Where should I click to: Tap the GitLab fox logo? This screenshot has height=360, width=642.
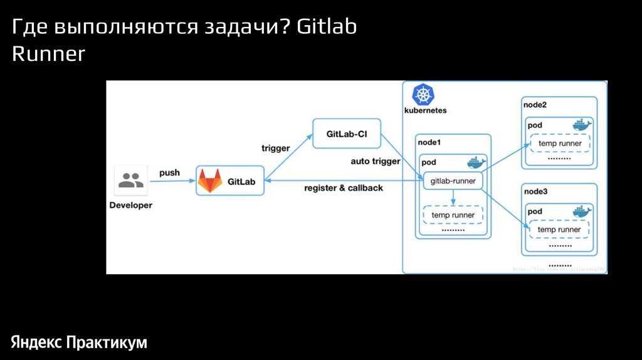click(x=209, y=181)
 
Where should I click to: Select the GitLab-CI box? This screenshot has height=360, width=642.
click(x=347, y=134)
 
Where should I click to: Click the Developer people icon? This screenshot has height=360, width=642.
click(x=130, y=181)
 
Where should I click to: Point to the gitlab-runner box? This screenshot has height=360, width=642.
click(x=453, y=182)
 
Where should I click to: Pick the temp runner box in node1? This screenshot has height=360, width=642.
click(x=453, y=215)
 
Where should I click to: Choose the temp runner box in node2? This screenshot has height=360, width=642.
click(x=560, y=144)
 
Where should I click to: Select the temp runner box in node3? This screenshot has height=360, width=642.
click(x=560, y=230)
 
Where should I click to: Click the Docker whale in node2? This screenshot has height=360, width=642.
click(x=582, y=125)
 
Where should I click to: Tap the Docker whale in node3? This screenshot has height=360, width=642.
click(x=582, y=211)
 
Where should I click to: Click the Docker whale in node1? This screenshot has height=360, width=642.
click(x=476, y=162)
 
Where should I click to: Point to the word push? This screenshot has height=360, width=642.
click(x=169, y=172)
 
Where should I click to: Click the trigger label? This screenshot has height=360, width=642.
click(x=275, y=149)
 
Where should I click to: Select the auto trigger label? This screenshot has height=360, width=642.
click(x=375, y=161)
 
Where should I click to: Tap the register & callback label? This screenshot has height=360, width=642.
click(x=343, y=188)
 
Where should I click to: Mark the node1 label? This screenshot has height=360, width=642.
click(x=429, y=142)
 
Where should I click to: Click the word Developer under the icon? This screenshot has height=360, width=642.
click(x=130, y=205)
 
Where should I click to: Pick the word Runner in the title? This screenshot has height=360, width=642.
click(x=48, y=55)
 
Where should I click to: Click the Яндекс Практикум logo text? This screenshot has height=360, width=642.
click(x=78, y=342)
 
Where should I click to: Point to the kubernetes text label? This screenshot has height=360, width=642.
click(x=425, y=110)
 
